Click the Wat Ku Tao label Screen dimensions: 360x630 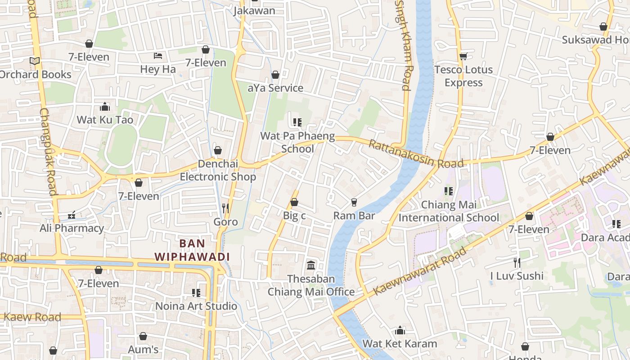[105, 120]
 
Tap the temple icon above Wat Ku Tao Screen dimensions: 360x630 [105, 107]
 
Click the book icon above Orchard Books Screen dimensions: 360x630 [35, 61]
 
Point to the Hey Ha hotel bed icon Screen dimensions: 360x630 [158, 56]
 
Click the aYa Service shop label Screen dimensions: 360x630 [275, 88]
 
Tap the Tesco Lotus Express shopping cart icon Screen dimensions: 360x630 [463, 56]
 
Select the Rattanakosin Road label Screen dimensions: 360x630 [416, 154]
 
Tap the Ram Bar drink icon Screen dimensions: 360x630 [354, 202]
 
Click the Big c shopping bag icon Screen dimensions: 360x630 [294, 202]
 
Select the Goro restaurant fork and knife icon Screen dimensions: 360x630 [225, 208]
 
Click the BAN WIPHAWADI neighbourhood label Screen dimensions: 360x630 [192, 250]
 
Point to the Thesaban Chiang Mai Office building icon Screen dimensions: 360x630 [311, 265]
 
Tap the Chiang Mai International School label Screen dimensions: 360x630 [449, 211]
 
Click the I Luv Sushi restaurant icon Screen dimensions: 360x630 [517, 262]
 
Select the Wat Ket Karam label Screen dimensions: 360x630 [400, 343]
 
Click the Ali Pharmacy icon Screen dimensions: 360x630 [72, 215]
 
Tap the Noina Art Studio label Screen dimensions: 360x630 [196, 306]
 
